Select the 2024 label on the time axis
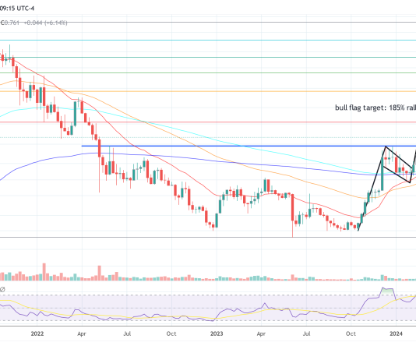point(396,333)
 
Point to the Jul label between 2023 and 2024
point(307,333)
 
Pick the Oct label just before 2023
point(171,333)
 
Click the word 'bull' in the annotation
point(334,108)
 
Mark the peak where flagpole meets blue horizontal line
point(385,146)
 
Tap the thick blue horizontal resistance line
point(234,146)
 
